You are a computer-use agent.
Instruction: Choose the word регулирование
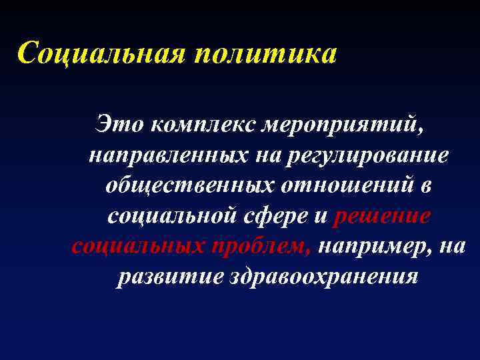click(367, 155)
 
